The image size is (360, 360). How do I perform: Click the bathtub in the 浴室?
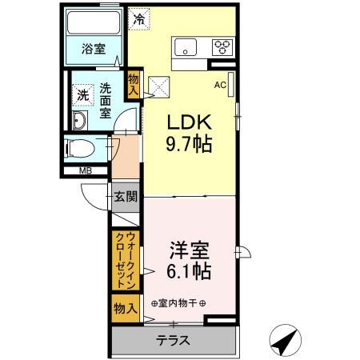[x=94, y=22]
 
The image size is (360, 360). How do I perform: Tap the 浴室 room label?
[x=94, y=49]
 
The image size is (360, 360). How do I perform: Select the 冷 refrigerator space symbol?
[x=139, y=19]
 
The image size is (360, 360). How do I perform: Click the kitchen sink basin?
[x=186, y=47]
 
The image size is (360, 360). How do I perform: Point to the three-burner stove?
[x=222, y=47]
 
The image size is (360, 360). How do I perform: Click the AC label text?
[x=220, y=85]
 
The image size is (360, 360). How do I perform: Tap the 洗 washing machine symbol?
[x=83, y=95]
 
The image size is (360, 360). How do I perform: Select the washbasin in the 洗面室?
[x=79, y=120]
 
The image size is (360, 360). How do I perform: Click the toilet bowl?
[x=80, y=148]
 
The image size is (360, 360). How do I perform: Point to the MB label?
[x=86, y=170]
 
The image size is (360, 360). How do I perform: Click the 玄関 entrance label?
[x=126, y=197]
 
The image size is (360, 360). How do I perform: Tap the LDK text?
[x=189, y=122]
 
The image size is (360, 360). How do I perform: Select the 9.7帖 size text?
[x=189, y=144]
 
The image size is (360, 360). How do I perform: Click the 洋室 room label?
[x=189, y=250]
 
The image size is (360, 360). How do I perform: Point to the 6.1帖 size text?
[x=189, y=271]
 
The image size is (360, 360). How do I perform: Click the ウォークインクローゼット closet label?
[x=126, y=260]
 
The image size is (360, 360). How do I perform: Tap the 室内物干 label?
[x=178, y=303]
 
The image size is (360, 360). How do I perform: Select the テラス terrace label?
[x=173, y=341]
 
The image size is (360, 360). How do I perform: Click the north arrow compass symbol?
[x=285, y=341]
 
